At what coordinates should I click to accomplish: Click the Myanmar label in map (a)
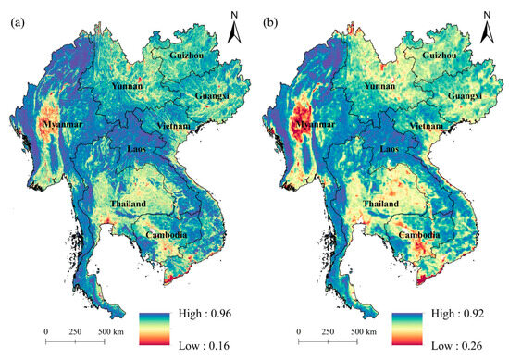coord(57,124)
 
